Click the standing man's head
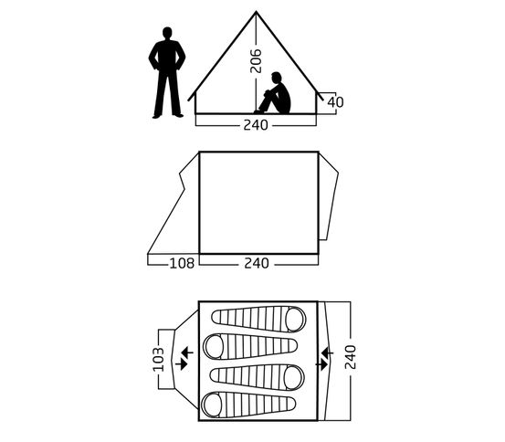tap(167, 33)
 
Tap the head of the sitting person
tap(276, 78)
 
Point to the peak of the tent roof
tap(256, 12)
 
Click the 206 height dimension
tap(256, 61)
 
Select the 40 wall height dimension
tap(335, 102)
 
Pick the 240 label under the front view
tap(256, 125)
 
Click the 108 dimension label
tap(182, 264)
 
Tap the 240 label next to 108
tap(257, 264)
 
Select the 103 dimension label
tap(159, 359)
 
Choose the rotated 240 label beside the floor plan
tap(350, 357)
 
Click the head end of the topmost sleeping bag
tap(295, 320)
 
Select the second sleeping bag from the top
tap(250, 346)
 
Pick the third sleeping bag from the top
tap(257, 377)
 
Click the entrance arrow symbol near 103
tap(184, 358)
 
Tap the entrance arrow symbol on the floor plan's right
tap(325, 358)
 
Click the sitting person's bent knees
tap(268, 94)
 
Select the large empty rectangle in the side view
tap(259, 203)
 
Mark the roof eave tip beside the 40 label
tap(322, 100)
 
